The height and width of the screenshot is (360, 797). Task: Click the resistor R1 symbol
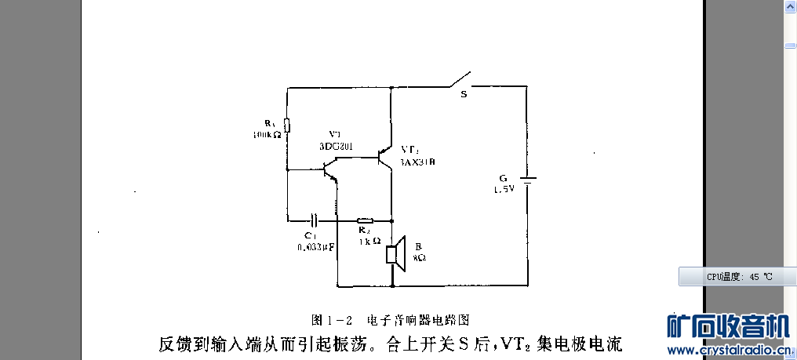[x=287, y=125]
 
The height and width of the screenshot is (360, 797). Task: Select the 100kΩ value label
[x=267, y=135]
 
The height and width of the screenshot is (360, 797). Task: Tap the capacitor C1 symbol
[x=315, y=220]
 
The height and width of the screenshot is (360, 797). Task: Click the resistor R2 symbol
[x=365, y=220]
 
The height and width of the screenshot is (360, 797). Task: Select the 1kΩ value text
[x=369, y=241]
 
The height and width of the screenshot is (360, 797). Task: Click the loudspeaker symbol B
[x=395, y=254]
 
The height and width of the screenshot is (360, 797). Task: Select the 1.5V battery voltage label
[x=504, y=190]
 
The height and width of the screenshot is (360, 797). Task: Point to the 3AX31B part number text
[x=417, y=162]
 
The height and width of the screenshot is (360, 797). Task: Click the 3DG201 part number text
[x=337, y=146]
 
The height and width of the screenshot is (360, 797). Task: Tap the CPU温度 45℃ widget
[x=737, y=276]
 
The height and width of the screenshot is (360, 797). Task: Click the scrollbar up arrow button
[x=789, y=7]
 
